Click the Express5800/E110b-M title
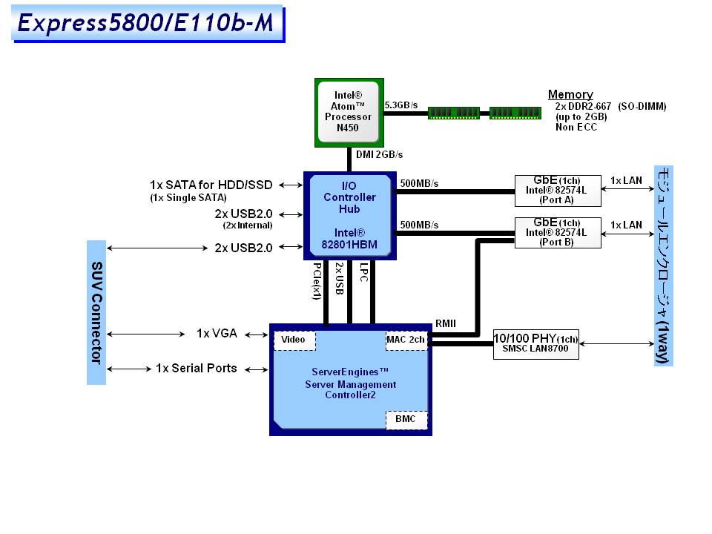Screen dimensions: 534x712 [146, 23]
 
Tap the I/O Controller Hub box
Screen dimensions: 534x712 [349, 215]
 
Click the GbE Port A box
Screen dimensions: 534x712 [558, 191]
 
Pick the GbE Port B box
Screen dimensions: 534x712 [558, 232]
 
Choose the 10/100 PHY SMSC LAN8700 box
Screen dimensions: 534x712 [535, 344]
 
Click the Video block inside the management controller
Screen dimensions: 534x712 [294, 340]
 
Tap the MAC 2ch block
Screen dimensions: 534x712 [406, 340]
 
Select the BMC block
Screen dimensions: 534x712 [406, 420]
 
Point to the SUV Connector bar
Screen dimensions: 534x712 [96, 312]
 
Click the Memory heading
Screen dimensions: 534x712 [570, 94]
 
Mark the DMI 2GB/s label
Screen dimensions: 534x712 [380, 154]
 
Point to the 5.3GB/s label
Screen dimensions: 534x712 [401, 106]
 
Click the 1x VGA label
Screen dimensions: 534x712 [217, 334]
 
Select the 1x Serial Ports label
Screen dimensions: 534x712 [196, 368]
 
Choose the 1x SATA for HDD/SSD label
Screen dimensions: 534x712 [211, 185]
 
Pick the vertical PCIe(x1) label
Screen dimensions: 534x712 [317, 280]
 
